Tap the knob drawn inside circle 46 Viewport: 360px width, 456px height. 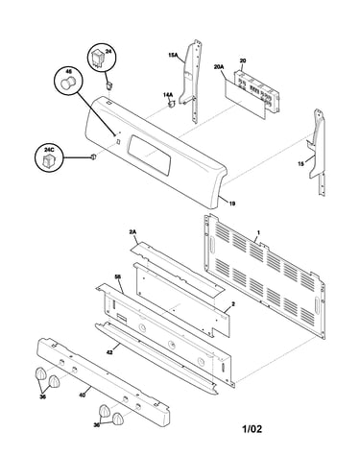67,84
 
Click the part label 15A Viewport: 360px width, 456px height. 173,55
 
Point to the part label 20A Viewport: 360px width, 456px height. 219,67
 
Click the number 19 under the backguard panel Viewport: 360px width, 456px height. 232,204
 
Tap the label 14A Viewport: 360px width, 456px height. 168,95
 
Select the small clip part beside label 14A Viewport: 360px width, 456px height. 172,103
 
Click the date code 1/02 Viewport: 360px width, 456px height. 252,429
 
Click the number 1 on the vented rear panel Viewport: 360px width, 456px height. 258,231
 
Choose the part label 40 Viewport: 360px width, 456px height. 82,396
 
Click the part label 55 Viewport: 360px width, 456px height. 118,276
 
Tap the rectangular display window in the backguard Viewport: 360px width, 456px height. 150,155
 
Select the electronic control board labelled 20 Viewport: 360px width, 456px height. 256,91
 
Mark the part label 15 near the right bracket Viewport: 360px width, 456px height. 300,164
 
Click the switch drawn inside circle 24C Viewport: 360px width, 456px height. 49,160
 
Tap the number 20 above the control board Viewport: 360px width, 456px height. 243,61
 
